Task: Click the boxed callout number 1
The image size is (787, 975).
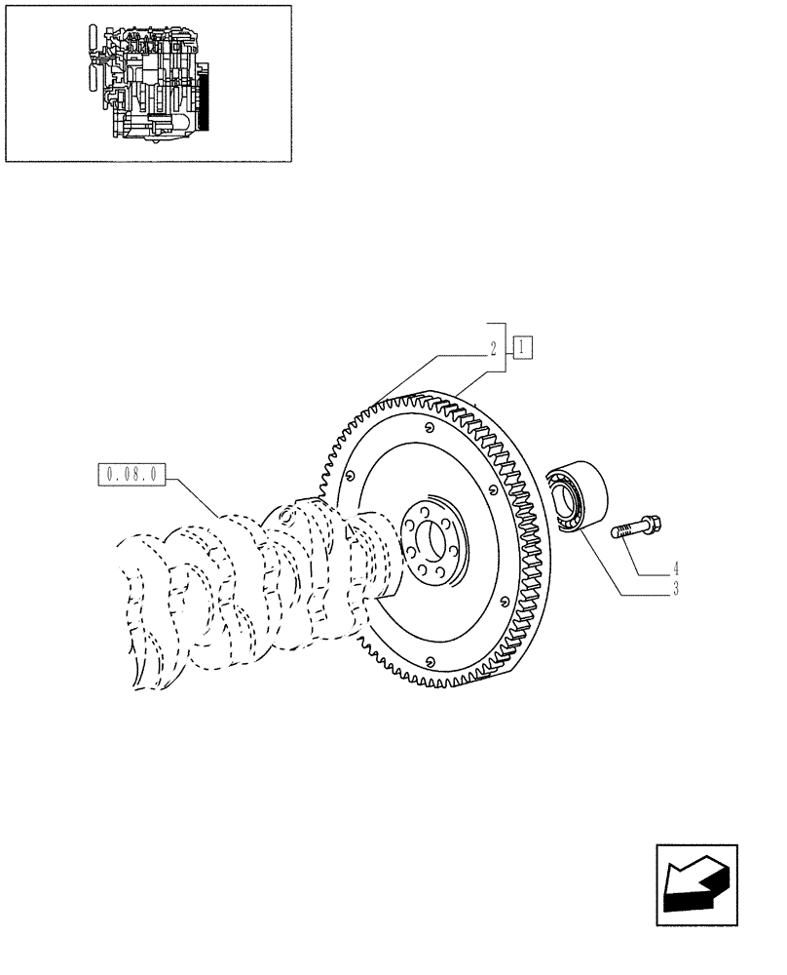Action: [x=522, y=345]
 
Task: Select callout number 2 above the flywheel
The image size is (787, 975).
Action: [x=494, y=347]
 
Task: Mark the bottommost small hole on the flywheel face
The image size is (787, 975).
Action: [x=428, y=665]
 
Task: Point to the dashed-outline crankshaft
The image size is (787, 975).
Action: [x=244, y=595]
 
